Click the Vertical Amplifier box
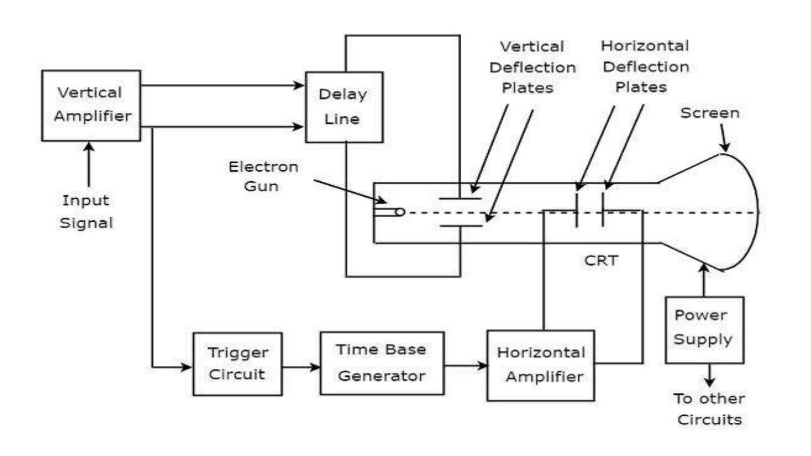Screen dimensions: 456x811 click(x=91, y=105)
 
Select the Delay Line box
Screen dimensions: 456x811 click(x=344, y=107)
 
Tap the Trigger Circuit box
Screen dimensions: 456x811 click(x=238, y=364)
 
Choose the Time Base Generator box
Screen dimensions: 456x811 click(x=382, y=363)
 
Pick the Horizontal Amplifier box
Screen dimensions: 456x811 click(x=541, y=365)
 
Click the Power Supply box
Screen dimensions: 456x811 click(x=704, y=329)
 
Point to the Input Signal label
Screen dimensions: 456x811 click(x=86, y=211)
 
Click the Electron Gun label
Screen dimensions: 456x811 click(x=263, y=176)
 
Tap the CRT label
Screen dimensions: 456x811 click(x=601, y=260)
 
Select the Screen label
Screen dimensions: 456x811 click(x=710, y=113)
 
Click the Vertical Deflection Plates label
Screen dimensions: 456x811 click(x=532, y=67)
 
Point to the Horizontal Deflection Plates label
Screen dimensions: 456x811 click(x=645, y=66)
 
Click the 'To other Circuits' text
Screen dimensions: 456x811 click(x=709, y=409)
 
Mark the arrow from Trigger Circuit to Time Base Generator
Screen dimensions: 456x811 click(x=301, y=367)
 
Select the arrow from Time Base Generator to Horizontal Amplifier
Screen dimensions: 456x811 click(x=466, y=365)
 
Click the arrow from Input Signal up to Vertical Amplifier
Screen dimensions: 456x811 click(x=89, y=164)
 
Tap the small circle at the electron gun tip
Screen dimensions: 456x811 click(x=400, y=212)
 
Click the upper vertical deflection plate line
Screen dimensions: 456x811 click(x=460, y=198)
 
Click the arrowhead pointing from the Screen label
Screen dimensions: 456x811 click(x=725, y=146)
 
